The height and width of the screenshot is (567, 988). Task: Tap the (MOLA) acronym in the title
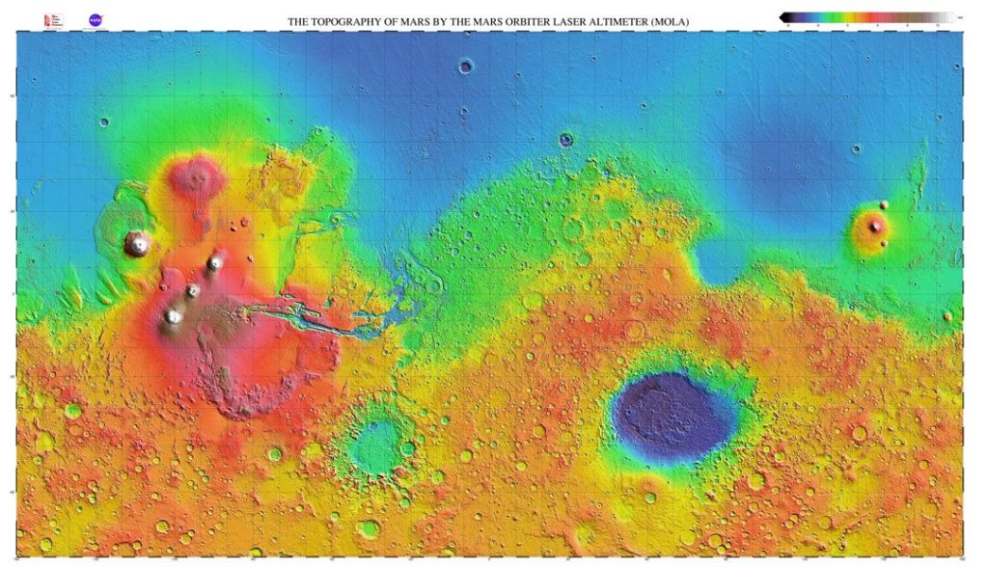click(670, 21)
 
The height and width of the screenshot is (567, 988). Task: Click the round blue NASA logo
click(96, 19)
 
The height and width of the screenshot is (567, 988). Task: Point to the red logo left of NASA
click(51, 19)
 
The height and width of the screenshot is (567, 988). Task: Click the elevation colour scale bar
click(868, 16)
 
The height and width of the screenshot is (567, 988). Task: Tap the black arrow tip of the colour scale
click(784, 16)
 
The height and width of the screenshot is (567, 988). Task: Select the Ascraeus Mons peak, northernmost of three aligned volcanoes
click(215, 261)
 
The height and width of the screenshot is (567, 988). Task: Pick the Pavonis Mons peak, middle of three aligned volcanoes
click(193, 290)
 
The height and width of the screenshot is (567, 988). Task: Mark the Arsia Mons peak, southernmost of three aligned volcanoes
click(174, 315)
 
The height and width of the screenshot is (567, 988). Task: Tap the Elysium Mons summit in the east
click(876, 227)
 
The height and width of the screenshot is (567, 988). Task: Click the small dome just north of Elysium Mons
click(884, 204)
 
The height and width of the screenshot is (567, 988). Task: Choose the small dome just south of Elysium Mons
click(884, 243)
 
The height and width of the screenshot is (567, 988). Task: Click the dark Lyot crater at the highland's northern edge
click(566, 140)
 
